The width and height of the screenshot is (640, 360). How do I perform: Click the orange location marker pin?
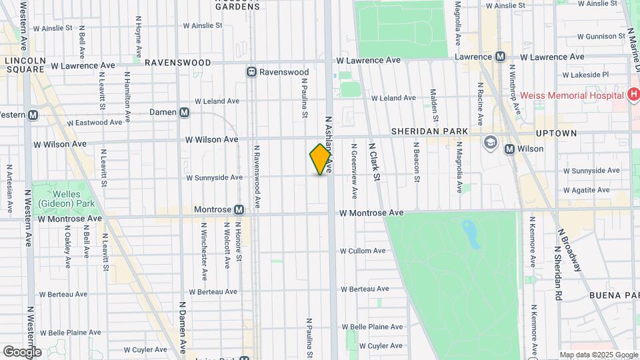click(321, 159)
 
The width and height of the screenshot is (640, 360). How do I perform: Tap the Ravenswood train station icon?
click(251, 72)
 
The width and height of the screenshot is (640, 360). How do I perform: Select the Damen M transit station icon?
click(183, 112)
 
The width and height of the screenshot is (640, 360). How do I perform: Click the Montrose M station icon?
click(238, 209)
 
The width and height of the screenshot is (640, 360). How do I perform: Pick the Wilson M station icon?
click(510, 149)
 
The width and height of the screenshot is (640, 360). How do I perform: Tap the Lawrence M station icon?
click(499, 57)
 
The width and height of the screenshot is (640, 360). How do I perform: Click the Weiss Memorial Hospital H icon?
click(633, 95)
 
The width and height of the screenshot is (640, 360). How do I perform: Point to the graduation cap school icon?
click(491, 142)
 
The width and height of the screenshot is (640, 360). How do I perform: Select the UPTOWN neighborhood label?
click(555, 133)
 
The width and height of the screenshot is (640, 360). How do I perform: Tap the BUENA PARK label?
click(614, 295)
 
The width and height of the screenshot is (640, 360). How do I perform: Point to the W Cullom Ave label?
click(363, 251)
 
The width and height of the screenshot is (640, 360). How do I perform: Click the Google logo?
click(22, 351)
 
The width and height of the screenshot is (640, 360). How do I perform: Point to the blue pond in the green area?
click(471, 234)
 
